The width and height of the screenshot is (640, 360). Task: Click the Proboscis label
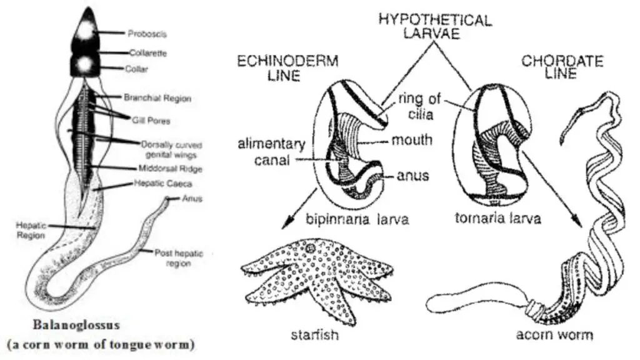coord(147,34)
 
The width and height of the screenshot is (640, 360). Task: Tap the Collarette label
coord(147,53)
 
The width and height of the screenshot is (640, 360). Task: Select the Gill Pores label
coord(151,121)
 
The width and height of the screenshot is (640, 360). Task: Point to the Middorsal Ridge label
coord(170,169)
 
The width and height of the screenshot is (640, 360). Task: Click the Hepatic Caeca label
coord(163,183)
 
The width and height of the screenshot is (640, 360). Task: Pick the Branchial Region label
coord(157,98)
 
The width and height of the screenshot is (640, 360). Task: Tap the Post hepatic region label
coord(179,258)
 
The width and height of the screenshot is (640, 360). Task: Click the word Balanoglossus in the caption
coord(76,325)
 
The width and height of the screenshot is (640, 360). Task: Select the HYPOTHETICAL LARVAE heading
coord(435,26)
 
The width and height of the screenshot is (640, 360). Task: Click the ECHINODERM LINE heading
coord(287,68)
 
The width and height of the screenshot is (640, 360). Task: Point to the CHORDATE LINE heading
coord(562,67)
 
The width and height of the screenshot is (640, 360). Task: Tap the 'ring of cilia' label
coord(419,106)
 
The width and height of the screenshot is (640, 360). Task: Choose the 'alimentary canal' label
coord(271,151)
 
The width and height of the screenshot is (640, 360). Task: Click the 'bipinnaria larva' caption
coord(357,219)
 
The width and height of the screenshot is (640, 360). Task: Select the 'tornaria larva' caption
coord(497,218)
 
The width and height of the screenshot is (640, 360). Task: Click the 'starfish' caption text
coord(315,335)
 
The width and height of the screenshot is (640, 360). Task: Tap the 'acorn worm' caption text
coord(554,335)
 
